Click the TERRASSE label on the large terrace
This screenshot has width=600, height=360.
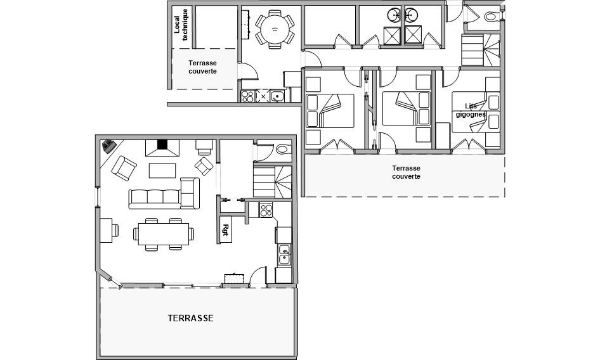190,318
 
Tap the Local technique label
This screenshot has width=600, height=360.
181,25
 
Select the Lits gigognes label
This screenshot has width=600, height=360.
471,110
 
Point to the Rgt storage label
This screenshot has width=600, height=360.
225,230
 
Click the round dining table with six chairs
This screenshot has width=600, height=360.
275,29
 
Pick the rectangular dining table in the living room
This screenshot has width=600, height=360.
164,234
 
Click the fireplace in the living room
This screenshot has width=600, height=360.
162,148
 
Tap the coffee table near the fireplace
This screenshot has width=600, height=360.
162,170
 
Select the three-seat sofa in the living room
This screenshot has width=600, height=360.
155,198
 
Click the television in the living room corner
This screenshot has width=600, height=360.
109,146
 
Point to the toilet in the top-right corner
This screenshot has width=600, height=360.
491,17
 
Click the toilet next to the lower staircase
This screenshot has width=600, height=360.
283,149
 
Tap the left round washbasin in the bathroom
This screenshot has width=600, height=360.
394,15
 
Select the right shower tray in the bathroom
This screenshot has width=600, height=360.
413,34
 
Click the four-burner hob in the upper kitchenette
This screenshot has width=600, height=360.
247,96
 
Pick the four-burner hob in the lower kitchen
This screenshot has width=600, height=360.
266,210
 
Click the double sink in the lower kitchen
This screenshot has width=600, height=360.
284,255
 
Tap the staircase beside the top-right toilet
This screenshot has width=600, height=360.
481,50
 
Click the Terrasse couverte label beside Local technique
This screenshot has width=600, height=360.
202,67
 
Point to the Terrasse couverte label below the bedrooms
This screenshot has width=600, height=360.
406,172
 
